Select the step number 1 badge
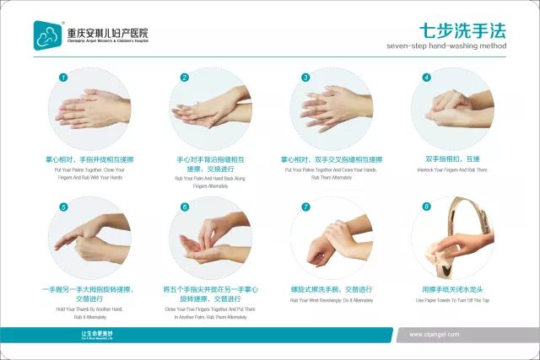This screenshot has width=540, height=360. click(63, 78)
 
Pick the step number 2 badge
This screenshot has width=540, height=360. click(185, 78)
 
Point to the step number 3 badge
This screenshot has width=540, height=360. click(305, 78)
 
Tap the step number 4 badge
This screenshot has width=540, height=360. click(427, 78)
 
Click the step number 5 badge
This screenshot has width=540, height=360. click(63, 207)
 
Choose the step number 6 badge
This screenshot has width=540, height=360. click(185, 207)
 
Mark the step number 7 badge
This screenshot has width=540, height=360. click(305, 207)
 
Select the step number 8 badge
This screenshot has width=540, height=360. click(427, 207)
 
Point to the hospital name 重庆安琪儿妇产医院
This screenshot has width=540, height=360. click(108, 33)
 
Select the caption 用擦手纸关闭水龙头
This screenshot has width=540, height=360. click(452, 289)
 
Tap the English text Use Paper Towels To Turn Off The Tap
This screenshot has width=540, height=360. click(452, 300)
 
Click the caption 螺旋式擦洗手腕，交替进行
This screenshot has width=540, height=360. click(332, 289)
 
